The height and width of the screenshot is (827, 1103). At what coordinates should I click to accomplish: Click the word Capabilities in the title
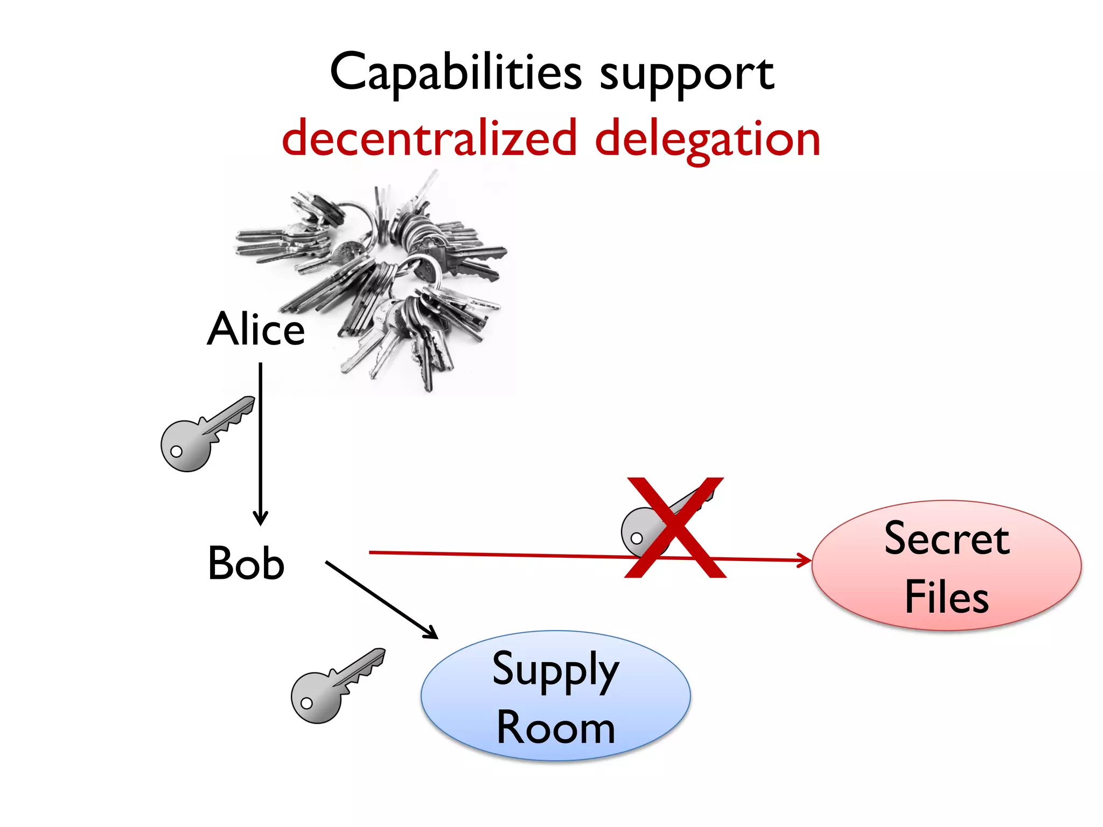click(456, 73)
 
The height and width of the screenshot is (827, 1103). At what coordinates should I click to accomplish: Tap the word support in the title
click(687, 75)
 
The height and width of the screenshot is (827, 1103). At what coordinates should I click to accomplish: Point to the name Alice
click(256, 329)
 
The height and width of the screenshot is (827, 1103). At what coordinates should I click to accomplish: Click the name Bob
click(246, 563)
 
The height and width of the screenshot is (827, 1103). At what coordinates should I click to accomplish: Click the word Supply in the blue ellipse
click(555, 670)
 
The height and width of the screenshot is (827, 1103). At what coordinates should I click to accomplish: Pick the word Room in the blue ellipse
click(555, 728)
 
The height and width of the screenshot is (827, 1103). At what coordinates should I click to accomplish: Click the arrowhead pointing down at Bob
click(261, 519)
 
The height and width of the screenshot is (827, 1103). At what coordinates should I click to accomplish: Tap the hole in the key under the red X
click(637, 538)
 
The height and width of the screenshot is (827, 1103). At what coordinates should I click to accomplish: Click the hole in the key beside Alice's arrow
click(176, 451)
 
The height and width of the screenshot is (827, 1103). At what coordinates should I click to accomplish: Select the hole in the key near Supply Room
click(306, 703)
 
